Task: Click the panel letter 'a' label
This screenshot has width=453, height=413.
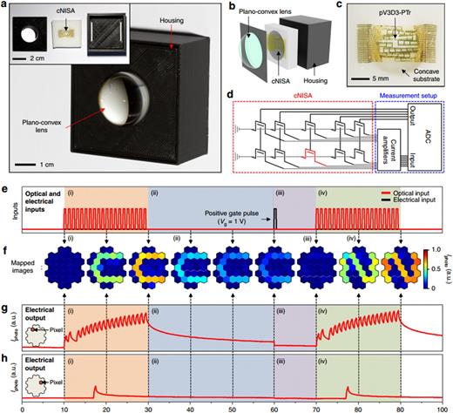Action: [6, 7]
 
